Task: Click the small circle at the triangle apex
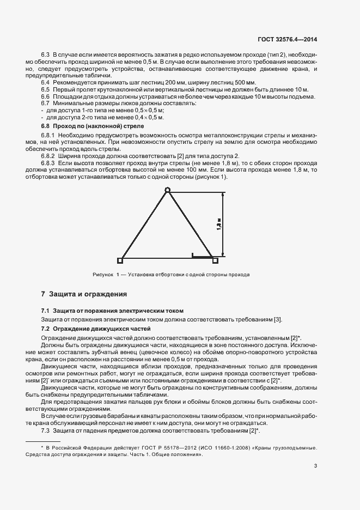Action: [168, 190]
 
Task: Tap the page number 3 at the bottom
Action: [316, 466]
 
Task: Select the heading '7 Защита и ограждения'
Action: [84, 294]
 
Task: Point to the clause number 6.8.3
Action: [48, 163]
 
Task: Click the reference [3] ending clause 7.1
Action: [278, 319]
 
